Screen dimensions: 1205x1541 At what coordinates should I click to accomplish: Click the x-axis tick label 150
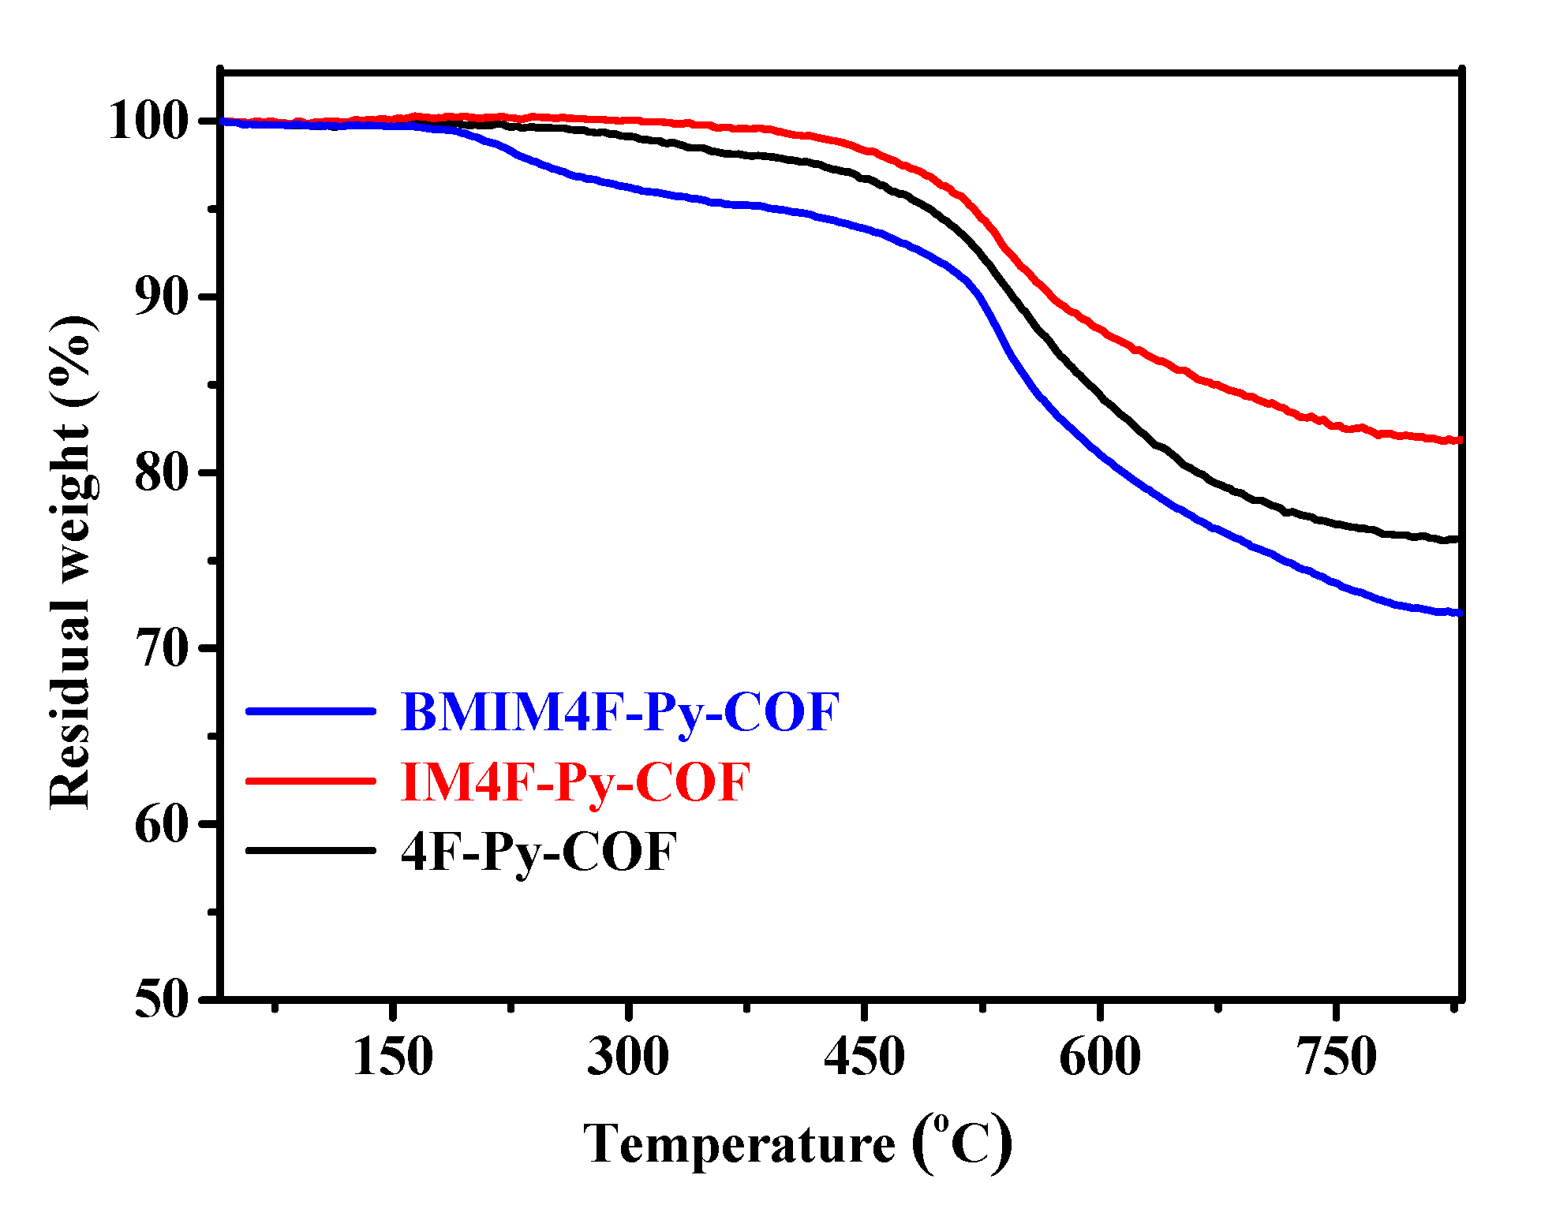point(392,1057)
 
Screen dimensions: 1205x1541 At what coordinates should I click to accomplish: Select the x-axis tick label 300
point(628,1057)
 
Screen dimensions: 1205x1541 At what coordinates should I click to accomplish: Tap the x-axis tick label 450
point(864,1057)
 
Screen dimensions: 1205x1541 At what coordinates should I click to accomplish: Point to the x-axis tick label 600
point(1099,1057)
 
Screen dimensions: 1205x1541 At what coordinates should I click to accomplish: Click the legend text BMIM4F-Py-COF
point(620,712)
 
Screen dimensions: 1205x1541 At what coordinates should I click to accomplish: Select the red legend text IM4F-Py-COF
point(575,782)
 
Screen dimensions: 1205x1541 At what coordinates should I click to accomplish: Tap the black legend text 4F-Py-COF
point(539,852)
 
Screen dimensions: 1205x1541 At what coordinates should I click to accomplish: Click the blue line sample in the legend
point(310,711)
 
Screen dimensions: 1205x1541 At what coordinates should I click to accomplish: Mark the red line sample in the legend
point(310,781)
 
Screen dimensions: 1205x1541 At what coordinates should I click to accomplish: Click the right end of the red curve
point(1457,440)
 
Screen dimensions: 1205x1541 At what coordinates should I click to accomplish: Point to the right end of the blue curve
point(1457,613)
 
